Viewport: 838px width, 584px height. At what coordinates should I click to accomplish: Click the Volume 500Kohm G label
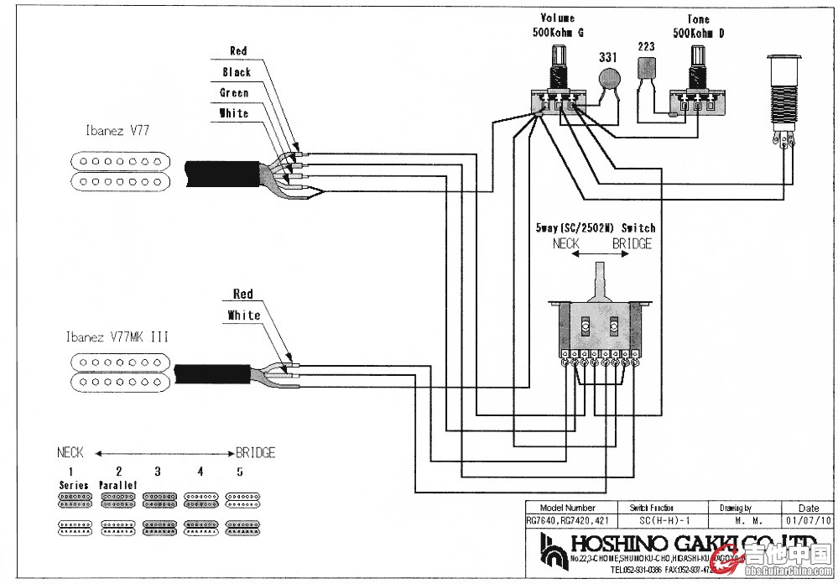click(x=556, y=25)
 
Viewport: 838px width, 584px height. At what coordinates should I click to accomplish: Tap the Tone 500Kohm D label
click(x=697, y=26)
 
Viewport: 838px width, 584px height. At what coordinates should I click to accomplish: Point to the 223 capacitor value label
click(x=646, y=47)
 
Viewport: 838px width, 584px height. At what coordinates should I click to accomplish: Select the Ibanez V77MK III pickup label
click(x=117, y=336)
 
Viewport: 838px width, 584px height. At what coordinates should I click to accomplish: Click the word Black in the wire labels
click(x=237, y=72)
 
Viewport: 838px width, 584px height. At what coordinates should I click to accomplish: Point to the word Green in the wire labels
click(x=234, y=92)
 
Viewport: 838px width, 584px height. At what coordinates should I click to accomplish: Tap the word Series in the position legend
click(x=74, y=486)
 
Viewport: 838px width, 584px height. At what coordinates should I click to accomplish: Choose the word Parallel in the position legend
click(x=117, y=486)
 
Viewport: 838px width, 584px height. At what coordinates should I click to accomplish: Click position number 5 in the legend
click(x=240, y=472)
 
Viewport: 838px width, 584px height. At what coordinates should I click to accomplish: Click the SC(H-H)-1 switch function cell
click(x=651, y=519)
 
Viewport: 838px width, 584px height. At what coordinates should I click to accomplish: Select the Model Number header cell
click(x=568, y=508)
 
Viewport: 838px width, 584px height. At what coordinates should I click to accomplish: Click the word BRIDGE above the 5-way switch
click(x=632, y=243)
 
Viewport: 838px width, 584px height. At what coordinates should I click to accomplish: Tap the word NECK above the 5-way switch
click(x=567, y=243)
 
